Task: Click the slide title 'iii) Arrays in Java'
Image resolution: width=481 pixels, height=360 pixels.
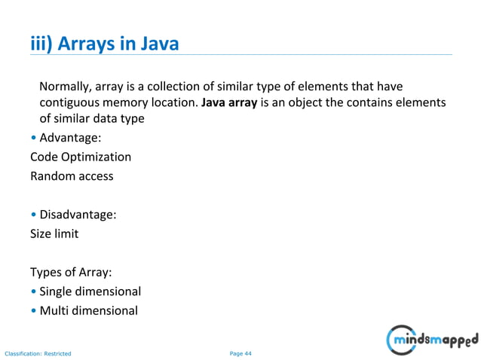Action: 104,44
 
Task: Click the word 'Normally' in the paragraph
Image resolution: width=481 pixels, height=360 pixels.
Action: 67,85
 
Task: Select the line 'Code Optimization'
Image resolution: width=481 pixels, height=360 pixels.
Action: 80,157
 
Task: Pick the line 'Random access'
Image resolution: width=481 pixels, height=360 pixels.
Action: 72,176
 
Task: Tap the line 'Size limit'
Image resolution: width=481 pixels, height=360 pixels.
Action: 54,233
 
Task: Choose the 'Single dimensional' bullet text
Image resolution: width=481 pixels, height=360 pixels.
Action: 90,291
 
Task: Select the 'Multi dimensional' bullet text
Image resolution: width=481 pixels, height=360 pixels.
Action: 88,310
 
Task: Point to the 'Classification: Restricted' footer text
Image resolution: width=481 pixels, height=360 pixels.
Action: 38,353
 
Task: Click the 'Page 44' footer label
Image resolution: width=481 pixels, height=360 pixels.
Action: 240,352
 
